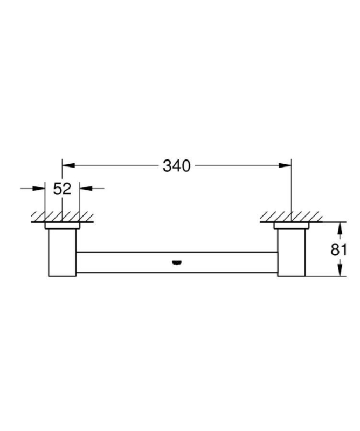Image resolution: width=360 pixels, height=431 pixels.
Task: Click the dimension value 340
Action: (177, 166)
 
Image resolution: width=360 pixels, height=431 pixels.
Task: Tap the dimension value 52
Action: (63, 189)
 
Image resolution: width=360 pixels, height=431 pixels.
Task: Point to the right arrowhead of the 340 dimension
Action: (286, 166)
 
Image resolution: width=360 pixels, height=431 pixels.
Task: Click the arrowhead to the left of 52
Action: (39, 189)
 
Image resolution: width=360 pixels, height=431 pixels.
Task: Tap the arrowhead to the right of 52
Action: (86, 189)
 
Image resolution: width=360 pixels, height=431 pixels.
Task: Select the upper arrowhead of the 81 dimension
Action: (339, 227)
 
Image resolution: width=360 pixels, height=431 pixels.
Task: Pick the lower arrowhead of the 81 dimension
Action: (339, 272)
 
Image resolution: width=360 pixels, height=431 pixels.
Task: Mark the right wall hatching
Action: (292, 217)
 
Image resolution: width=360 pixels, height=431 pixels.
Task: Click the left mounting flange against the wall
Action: (63, 225)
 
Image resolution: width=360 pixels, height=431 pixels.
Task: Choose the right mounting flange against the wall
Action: (292, 225)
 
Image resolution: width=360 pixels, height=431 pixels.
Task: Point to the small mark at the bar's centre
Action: (177, 263)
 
